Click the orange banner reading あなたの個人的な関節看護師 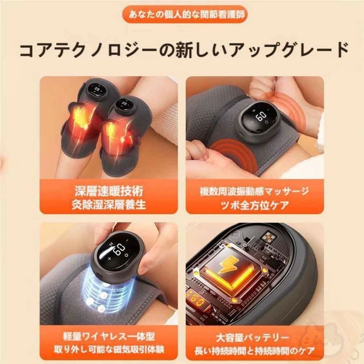(x=185, y=14)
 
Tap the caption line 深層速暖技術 (x=109, y=191)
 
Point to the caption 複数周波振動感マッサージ (x=254, y=191)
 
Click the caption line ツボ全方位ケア (x=254, y=205)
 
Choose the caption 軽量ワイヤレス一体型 (x=109, y=336)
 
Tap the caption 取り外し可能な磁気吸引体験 (x=109, y=349)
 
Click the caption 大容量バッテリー (x=254, y=337)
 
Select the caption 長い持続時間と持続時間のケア (x=254, y=351)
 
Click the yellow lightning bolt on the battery (x=227, y=264)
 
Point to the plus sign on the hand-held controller (x=110, y=258)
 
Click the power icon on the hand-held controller (x=126, y=256)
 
